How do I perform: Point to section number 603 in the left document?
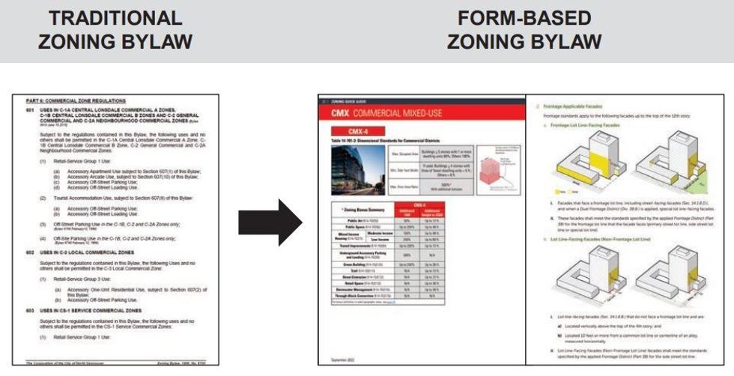pos(30,309)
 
